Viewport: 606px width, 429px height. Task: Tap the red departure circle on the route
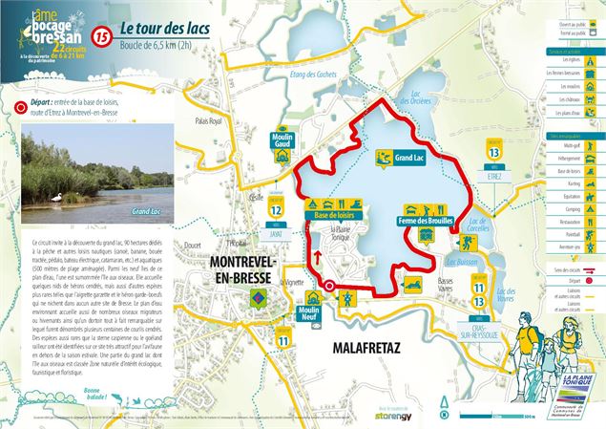tap(328, 286)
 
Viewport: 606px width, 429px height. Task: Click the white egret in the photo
tap(54, 197)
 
